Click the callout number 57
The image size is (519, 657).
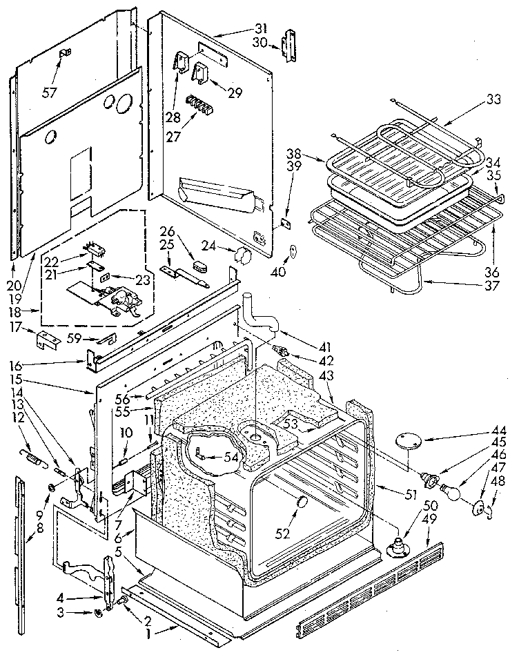click(50, 92)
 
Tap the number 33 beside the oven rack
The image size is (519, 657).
click(493, 98)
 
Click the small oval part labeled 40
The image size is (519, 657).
click(292, 251)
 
